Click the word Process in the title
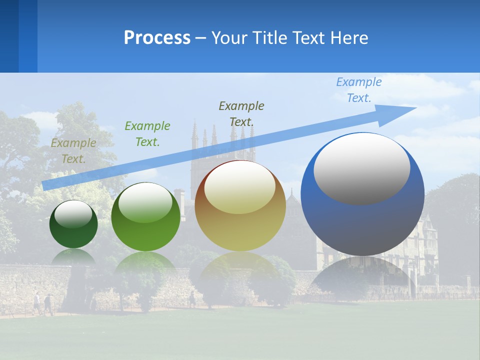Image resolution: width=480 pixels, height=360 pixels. (x=157, y=38)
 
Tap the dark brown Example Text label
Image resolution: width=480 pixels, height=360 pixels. (x=241, y=113)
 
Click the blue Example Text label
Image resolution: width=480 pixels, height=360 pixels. (x=359, y=90)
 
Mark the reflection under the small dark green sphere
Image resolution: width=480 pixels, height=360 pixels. (x=73, y=256)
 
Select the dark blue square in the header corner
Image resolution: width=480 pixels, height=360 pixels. (x=9, y=36)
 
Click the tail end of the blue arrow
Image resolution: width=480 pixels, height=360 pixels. (x=44, y=185)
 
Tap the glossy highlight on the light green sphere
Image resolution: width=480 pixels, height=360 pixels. (x=145, y=202)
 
